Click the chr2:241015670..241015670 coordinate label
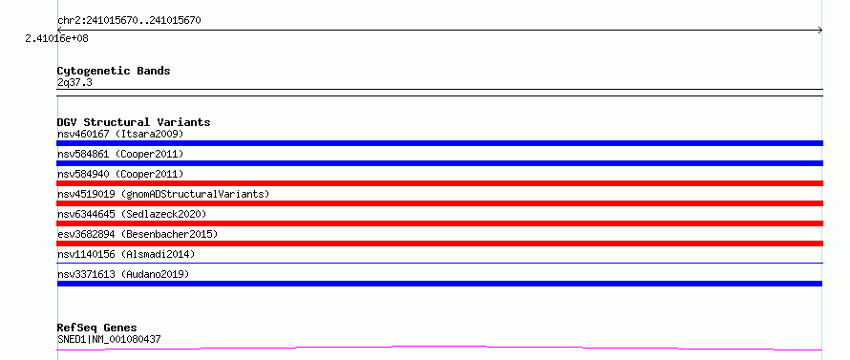tap(129, 21)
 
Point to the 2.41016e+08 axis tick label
tap(57, 38)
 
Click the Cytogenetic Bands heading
tap(114, 71)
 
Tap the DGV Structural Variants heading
tap(134, 122)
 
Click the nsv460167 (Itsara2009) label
tap(120, 134)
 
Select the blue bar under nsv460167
tap(439, 143)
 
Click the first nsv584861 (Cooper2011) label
tap(120, 154)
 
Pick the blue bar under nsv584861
tap(439, 163)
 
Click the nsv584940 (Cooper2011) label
tap(120, 174)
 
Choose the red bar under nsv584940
tap(439, 183)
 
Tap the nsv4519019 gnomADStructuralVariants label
tap(163, 194)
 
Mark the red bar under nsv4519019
tap(439, 203)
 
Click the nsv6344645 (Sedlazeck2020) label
tap(132, 214)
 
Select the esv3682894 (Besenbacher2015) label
tap(138, 234)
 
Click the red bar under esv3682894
tap(439, 244)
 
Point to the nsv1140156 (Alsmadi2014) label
tap(126, 254)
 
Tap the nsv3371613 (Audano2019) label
tap(123, 274)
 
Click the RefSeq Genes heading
tap(97, 328)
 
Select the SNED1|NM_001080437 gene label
tap(109, 340)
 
